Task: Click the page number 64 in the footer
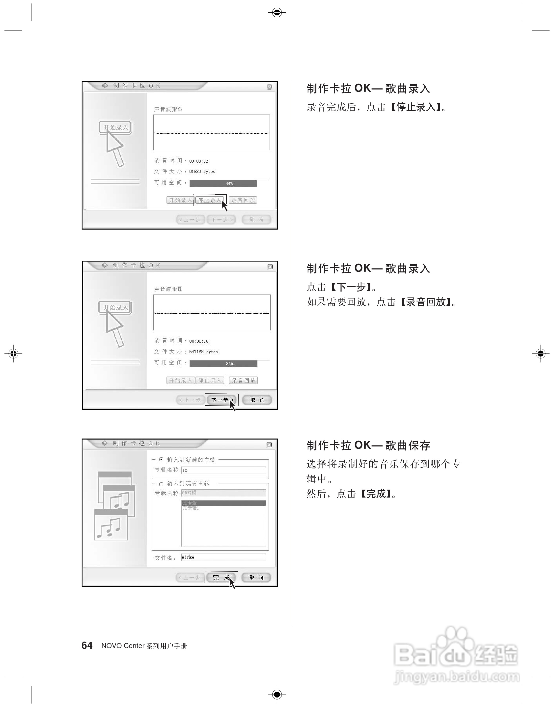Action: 87,645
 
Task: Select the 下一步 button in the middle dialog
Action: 222,400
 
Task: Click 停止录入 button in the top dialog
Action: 209,200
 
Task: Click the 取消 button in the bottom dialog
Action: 256,578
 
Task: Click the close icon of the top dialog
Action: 269,87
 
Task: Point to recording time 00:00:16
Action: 198,341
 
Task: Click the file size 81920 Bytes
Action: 202,171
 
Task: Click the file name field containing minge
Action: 223,557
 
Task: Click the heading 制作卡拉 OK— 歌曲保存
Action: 368,445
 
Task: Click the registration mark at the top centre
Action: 277,13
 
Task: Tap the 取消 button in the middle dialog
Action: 257,400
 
